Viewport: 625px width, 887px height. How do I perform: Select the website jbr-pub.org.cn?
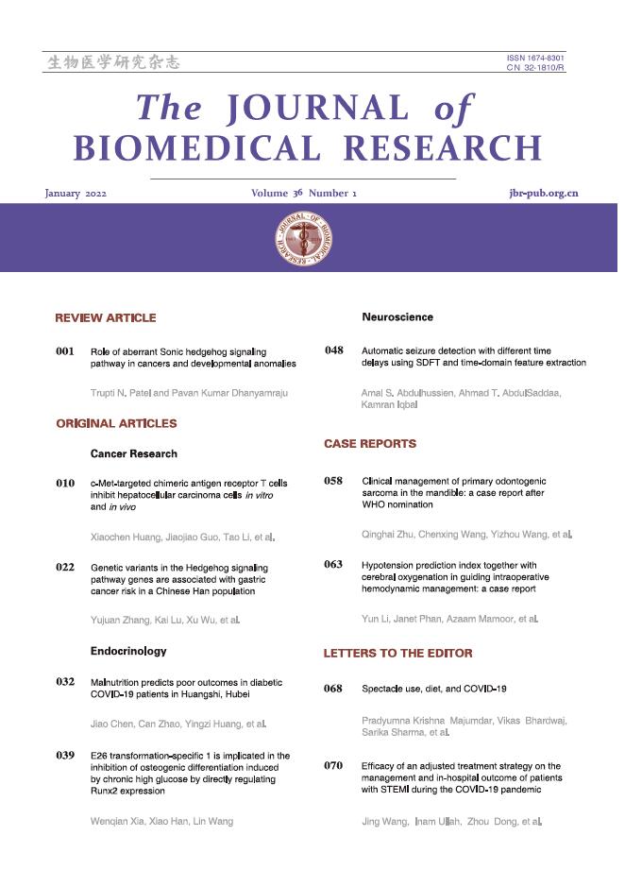pos(543,194)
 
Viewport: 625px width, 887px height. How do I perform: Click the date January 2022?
pos(76,194)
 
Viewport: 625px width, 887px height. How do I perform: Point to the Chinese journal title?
pos(112,63)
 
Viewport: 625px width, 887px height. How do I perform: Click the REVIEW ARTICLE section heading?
pos(106,317)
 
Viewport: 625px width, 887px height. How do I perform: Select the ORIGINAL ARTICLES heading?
pos(116,424)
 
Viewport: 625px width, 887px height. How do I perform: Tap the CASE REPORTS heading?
pos(370,443)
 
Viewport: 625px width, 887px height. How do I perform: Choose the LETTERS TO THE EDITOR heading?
pos(398,653)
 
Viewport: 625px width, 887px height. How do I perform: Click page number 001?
pos(65,351)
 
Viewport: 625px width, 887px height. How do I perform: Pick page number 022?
pos(65,568)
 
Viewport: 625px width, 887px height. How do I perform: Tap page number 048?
pos(334,350)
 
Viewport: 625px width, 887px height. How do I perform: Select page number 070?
pos(333,765)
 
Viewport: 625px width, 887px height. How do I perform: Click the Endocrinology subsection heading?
pos(128,651)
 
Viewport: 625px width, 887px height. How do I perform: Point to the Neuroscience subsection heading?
pos(397,317)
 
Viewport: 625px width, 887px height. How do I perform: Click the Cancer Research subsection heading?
pos(134,454)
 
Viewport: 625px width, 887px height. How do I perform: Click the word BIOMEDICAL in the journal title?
pos(194,148)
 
